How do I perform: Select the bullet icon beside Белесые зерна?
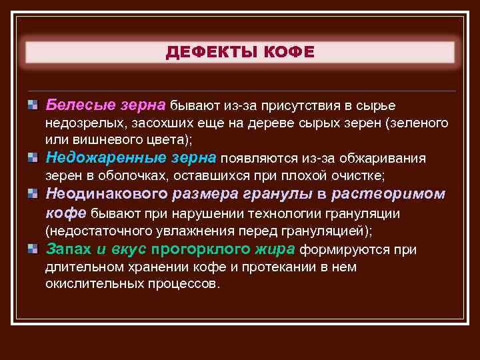coord(32,105)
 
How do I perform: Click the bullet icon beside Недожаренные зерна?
coord(32,157)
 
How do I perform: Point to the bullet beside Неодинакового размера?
coord(32,194)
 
